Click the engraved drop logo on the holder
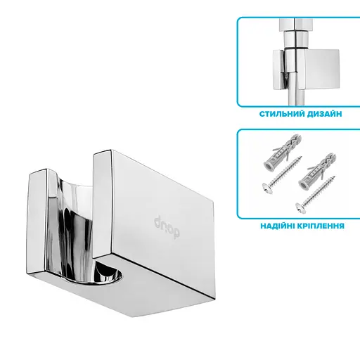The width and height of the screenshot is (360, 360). coord(167,227)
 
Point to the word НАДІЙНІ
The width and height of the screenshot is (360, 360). coord(277,226)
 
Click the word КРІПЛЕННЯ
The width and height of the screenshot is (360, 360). coord(321,226)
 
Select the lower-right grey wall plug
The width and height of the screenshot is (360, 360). coord(317,172)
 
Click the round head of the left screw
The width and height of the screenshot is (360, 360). coord(268,188)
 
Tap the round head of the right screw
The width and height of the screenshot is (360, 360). coord(301,208)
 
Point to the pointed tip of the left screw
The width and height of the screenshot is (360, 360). coord(301,157)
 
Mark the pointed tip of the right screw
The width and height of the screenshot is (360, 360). coord(335,176)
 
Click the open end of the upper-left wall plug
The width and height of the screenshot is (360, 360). coord(269,166)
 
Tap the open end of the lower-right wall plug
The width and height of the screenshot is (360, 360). coord(303,185)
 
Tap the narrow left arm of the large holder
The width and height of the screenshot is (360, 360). coord(37,223)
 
